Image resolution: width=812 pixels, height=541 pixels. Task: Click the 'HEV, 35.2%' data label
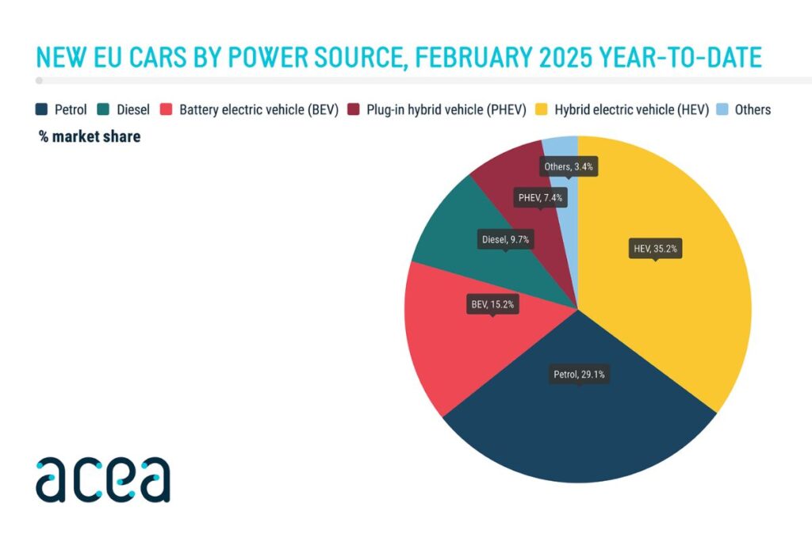coord(655,249)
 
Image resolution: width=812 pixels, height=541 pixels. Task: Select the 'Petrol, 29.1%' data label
coord(579,375)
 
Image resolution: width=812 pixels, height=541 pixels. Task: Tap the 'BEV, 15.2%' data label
coord(492,303)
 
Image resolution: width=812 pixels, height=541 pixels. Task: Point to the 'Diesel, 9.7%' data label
coord(505,238)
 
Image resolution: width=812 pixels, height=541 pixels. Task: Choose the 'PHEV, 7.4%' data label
coord(540,198)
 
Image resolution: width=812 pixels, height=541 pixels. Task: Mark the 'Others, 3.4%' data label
coord(568,167)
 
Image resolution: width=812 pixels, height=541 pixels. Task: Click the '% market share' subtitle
coord(90,136)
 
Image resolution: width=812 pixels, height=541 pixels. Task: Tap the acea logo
coord(102,479)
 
